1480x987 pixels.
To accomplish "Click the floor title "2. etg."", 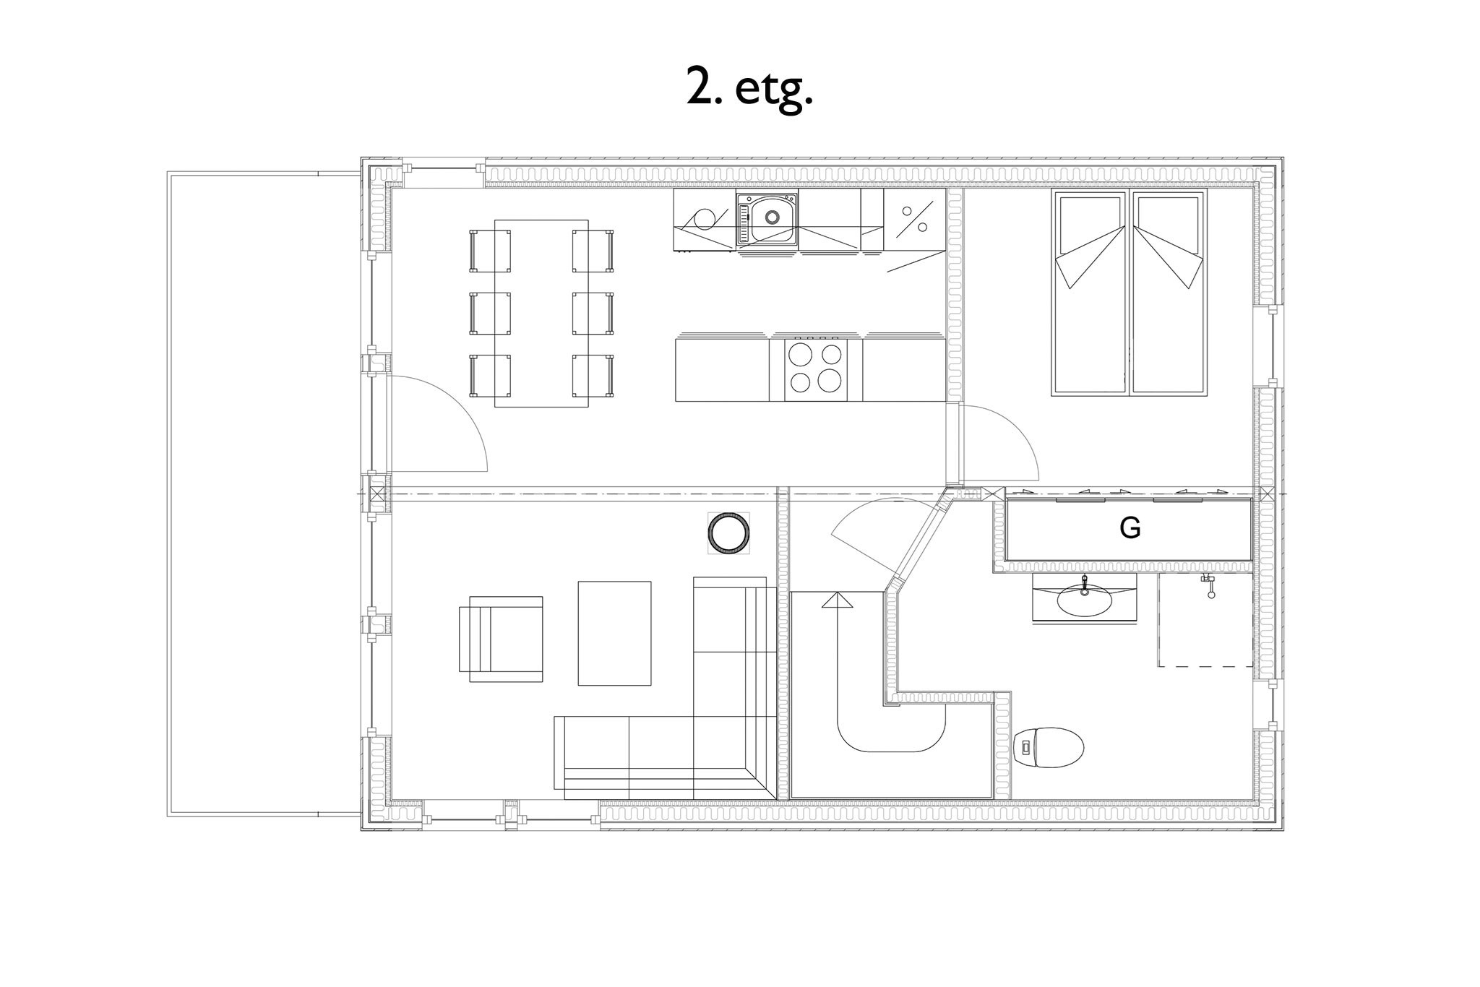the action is point(749,90).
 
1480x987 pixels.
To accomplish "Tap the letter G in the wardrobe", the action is point(1130,528).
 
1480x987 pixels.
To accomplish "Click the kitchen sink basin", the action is point(773,216).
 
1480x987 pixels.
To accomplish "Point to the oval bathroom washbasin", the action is point(1084,599).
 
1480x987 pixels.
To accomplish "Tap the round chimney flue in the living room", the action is point(728,534).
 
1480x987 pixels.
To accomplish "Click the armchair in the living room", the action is point(501,639).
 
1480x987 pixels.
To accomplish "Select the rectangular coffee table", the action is point(614,633).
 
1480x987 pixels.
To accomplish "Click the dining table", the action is point(541,313).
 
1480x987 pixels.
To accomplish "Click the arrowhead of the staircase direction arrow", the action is point(837,600).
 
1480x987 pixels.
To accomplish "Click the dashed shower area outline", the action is point(1205,620).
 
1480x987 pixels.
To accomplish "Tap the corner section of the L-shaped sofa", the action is point(735,757).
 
